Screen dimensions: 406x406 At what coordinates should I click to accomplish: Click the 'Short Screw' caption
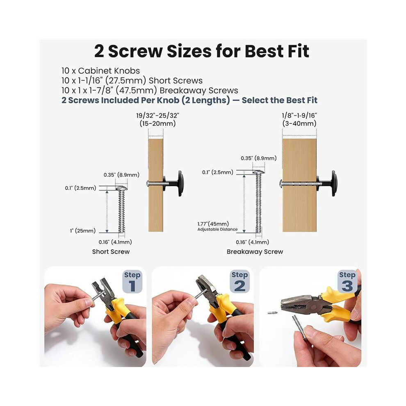(x=111, y=251)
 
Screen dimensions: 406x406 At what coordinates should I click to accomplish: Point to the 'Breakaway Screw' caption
(x=255, y=251)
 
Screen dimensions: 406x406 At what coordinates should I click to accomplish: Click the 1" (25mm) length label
(x=83, y=231)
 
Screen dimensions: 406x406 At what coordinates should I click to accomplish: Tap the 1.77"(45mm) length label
(x=213, y=224)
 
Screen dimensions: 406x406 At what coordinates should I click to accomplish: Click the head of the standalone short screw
(x=121, y=188)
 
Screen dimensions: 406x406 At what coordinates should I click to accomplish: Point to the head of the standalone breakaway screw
(x=258, y=171)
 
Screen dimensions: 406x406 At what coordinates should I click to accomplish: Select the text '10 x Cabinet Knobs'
(x=100, y=71)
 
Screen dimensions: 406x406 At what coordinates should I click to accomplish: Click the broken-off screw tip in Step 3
(x=272, y=312)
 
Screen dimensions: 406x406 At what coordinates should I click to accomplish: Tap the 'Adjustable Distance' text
(x=217, y=229)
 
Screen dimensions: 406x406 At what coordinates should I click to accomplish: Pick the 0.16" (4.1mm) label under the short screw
(x=115, y=242)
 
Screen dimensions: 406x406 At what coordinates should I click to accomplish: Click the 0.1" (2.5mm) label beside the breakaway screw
(x=218, y=172)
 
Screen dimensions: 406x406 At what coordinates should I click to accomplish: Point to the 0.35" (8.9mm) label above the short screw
(x=121, y=175)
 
